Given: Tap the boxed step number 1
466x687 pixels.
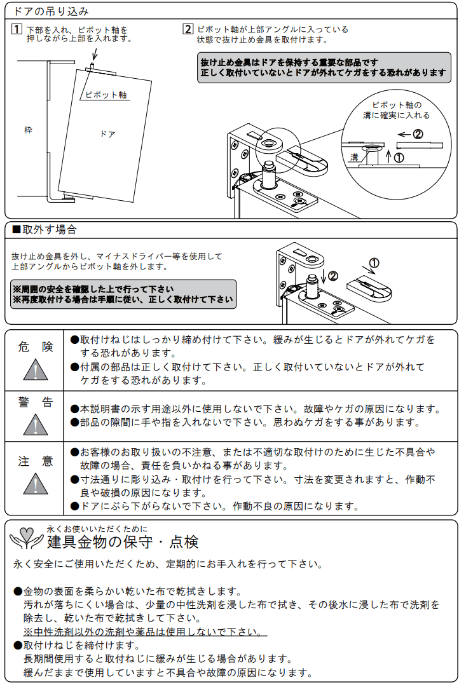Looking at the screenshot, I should [17, 29].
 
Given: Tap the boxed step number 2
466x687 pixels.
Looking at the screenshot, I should [188, 29].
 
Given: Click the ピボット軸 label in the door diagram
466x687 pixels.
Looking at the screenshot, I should [106, 95].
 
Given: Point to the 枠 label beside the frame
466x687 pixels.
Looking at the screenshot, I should [27, 130].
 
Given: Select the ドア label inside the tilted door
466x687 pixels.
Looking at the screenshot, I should [108, 134].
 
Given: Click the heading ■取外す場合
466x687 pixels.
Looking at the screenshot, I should [45, 229].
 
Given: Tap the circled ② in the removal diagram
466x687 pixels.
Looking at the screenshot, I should [333, 275].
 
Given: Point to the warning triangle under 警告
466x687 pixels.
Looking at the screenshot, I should [36, 424].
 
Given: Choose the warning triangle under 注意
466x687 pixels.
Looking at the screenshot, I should [36, 484].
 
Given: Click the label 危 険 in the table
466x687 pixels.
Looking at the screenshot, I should [36, 347].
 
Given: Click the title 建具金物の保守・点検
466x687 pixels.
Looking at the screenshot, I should [123, 542].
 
